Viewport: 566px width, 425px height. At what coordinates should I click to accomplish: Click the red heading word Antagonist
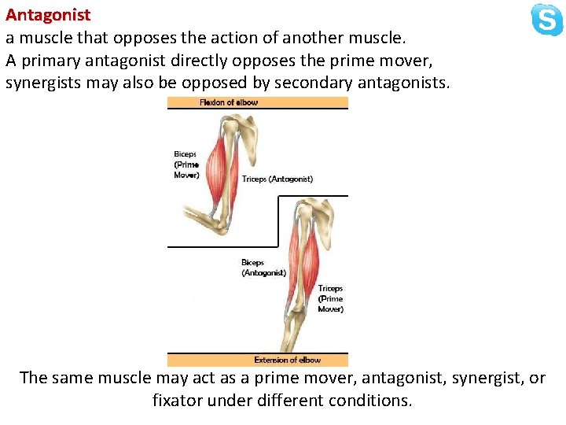(48, 15)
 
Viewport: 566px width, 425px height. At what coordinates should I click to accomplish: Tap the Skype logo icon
(546, 20)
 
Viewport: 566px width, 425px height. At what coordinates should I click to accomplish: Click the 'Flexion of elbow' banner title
(229, 102)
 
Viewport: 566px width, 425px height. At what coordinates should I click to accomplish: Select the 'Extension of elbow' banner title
(287, 360)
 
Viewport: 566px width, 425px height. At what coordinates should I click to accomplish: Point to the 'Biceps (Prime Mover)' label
(186, 164)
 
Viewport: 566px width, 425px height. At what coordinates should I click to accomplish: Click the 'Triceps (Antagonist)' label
(277, 179)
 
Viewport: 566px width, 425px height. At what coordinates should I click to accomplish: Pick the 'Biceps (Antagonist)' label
(263, 268)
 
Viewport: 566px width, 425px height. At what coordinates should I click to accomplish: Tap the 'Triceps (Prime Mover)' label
(330, 299)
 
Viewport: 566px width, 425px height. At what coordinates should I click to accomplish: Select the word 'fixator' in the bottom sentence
(178, 400)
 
